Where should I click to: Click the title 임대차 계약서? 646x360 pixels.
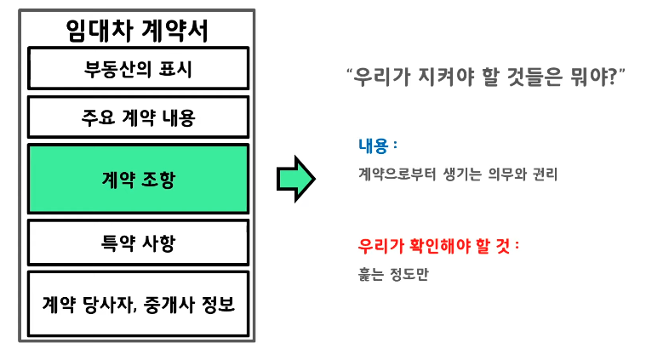(137, 30)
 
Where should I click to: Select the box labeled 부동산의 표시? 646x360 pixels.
(138, 69)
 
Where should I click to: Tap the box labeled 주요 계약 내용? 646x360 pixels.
(138, 117)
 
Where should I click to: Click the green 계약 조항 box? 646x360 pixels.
(138, 179)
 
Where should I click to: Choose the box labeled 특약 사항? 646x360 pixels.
(138, 243)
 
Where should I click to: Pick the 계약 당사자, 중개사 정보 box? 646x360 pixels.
(138, 304)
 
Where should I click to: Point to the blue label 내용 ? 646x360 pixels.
(378, 145)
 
